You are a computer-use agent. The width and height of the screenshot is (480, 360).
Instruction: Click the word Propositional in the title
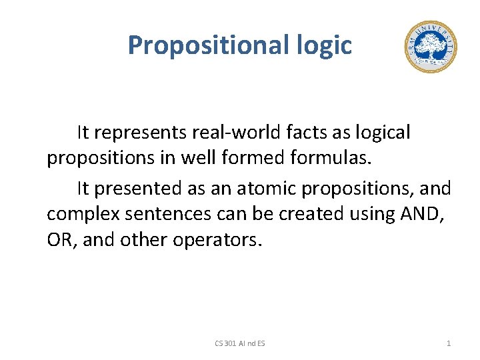pyautogui.click(x=206, y=45)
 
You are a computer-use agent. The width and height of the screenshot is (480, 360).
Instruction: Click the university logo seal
pyautogui.click(x=431, y=47)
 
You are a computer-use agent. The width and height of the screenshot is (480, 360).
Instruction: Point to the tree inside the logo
pyautogui.click(x=431, y=45)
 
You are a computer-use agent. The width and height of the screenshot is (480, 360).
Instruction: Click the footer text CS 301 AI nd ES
pyautogui.click(x=239, y=343)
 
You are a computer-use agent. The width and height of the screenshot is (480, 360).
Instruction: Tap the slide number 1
pyautogui.click(x=448, y=343)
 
